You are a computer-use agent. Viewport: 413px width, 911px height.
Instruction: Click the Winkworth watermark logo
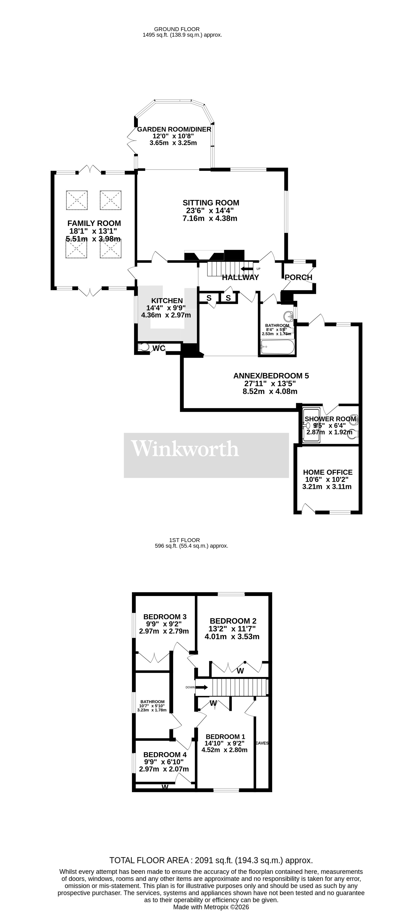(x=185, y=448)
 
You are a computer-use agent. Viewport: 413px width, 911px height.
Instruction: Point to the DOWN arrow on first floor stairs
(x=201, y=687)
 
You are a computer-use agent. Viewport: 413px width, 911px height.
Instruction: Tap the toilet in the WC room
(x=144, y=347)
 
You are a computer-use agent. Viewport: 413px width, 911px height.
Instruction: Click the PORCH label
(x=298, y=277)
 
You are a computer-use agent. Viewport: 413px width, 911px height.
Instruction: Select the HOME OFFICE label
(x=327, y=472)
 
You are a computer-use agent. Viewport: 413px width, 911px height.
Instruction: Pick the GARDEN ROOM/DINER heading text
(x=174, y=129)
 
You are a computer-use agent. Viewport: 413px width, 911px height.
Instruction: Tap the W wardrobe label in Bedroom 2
(x=240, y=670)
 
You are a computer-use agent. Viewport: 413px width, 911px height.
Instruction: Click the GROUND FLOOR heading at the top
(x=177, y=29)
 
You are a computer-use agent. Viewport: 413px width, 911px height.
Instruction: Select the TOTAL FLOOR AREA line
(x=211, y=860)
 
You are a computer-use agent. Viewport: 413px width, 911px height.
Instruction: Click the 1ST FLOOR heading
(x=184, y=540)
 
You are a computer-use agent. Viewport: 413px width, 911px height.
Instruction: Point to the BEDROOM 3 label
(x=165, y=616)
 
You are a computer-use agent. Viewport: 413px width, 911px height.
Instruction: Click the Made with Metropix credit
(x=211, y=907)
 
